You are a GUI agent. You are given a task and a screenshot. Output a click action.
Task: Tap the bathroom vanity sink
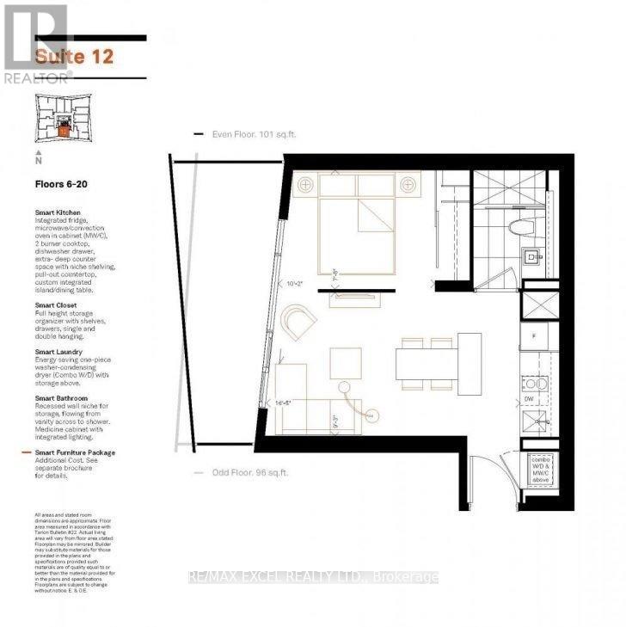point(532,255)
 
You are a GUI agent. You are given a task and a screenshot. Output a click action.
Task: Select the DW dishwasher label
point(530,400)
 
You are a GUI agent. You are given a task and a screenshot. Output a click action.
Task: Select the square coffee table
point(346,360)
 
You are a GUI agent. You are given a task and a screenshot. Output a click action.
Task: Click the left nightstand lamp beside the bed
point(304,185)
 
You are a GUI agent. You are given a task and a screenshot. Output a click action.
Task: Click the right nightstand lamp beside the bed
point(407,185)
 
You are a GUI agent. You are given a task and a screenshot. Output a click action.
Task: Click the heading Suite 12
point(73,58)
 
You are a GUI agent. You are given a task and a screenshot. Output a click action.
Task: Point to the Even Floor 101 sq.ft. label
point(254,135)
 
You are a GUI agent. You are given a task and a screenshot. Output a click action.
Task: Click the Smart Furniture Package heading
point(75,452)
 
